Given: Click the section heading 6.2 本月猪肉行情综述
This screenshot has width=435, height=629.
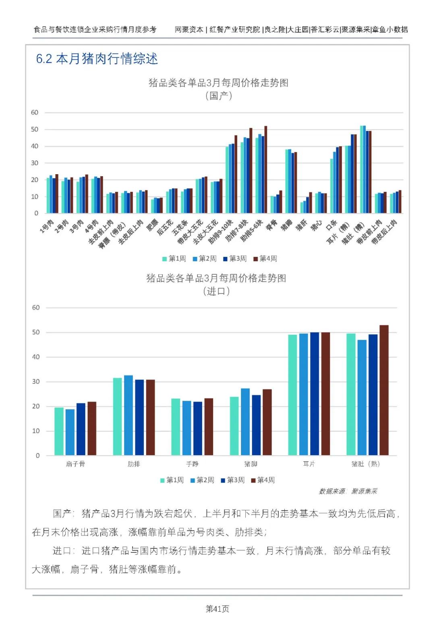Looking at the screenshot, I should point(97,59).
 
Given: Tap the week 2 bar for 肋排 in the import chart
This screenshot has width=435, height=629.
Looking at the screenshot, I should point(128,415).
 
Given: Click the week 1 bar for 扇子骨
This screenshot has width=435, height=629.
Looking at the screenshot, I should point(59,431).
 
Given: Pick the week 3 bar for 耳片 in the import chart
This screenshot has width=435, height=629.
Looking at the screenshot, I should point(315,394).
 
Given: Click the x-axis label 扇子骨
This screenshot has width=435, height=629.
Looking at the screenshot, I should point(75,464).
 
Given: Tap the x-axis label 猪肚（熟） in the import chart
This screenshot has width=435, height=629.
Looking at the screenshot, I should point(365,464).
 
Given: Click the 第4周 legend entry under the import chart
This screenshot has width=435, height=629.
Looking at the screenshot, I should point(263,480).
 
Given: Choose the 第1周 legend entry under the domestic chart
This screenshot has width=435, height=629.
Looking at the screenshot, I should point(174,259).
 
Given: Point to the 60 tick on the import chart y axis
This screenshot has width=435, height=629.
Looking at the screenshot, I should point(36,308).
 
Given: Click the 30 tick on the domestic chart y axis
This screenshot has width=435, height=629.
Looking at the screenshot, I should point(35,163).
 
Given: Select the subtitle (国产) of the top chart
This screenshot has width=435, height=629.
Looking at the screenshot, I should point(218,96).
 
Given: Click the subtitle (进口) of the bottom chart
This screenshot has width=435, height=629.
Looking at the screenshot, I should point(216,291).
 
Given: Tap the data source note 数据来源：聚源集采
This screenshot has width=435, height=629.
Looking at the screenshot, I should point(348,491).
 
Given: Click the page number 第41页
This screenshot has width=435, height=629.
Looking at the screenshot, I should point(217,609).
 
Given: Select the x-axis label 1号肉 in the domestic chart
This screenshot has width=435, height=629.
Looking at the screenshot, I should point(47,227).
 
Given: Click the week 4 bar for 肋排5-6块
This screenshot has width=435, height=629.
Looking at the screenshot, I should point(266,170).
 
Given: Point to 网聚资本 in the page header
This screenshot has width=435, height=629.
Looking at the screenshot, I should point(189,29).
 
